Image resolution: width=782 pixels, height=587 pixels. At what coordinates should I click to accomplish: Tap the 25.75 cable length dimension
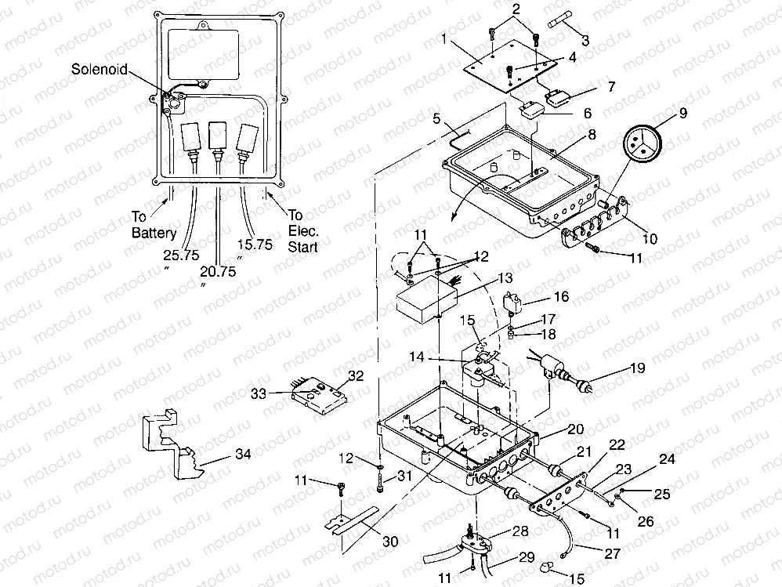click(x=181, y=255)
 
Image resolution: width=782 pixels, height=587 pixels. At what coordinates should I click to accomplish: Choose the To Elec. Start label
click(x=302, y=230)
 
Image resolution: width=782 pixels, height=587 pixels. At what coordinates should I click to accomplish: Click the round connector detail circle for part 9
click(x=640, y=143)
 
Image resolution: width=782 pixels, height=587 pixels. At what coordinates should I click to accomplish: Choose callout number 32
click(x=356, y=375)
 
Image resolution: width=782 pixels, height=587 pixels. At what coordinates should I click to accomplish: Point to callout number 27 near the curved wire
click(x=611, y=553)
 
